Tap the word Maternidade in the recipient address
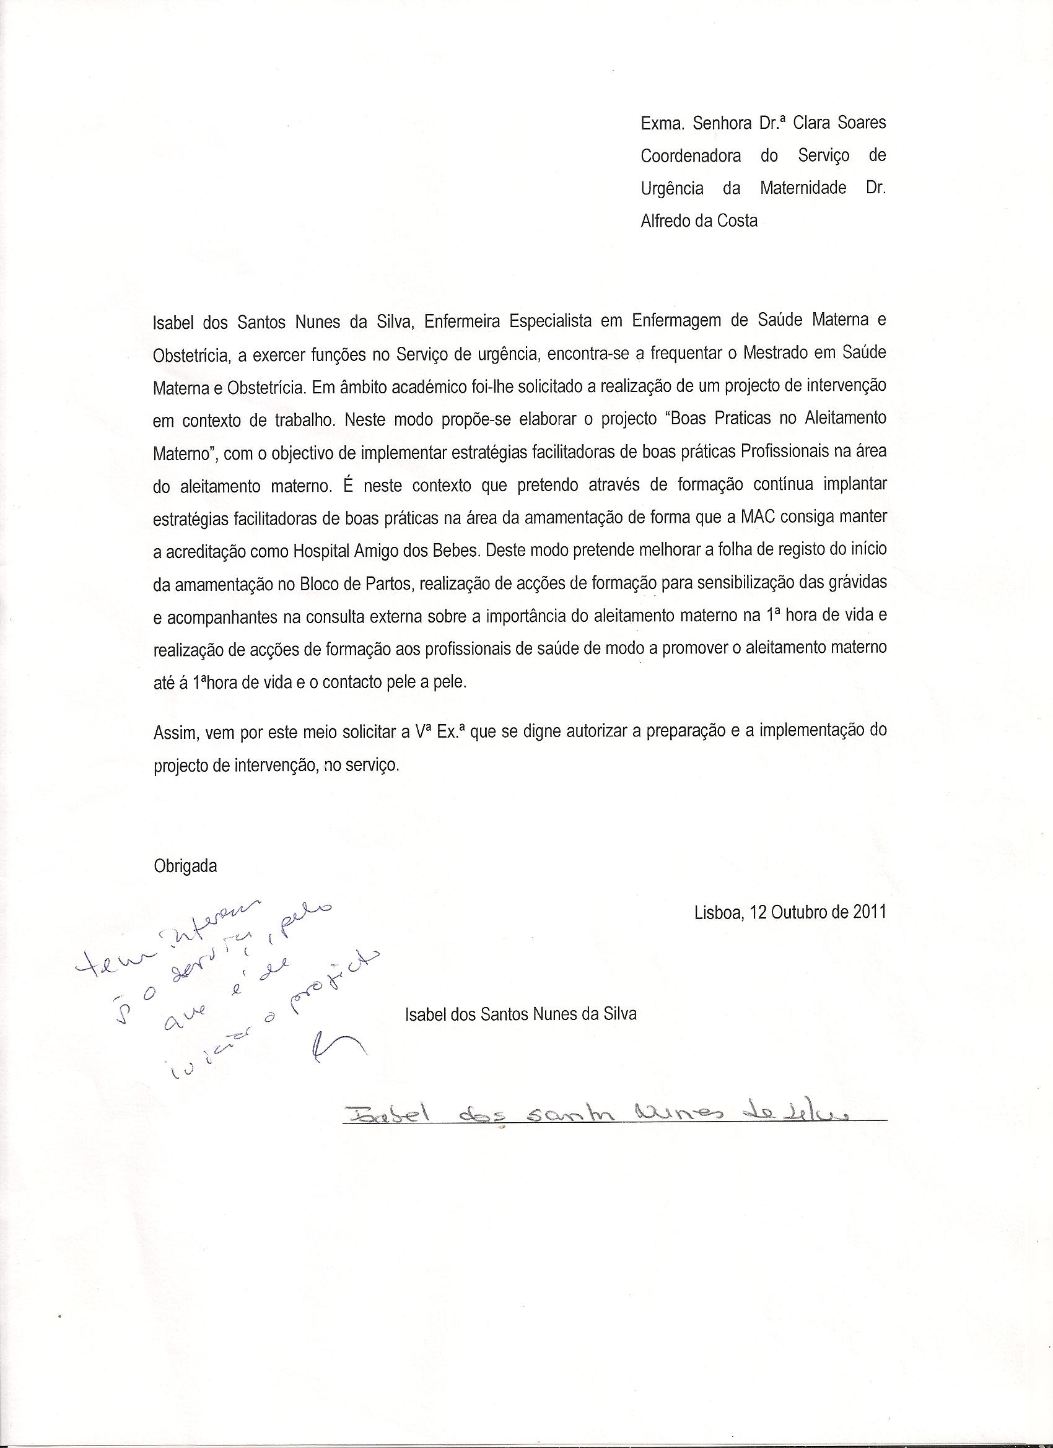(803, 188)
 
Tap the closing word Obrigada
(185, 866)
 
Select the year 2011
(869, 912)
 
